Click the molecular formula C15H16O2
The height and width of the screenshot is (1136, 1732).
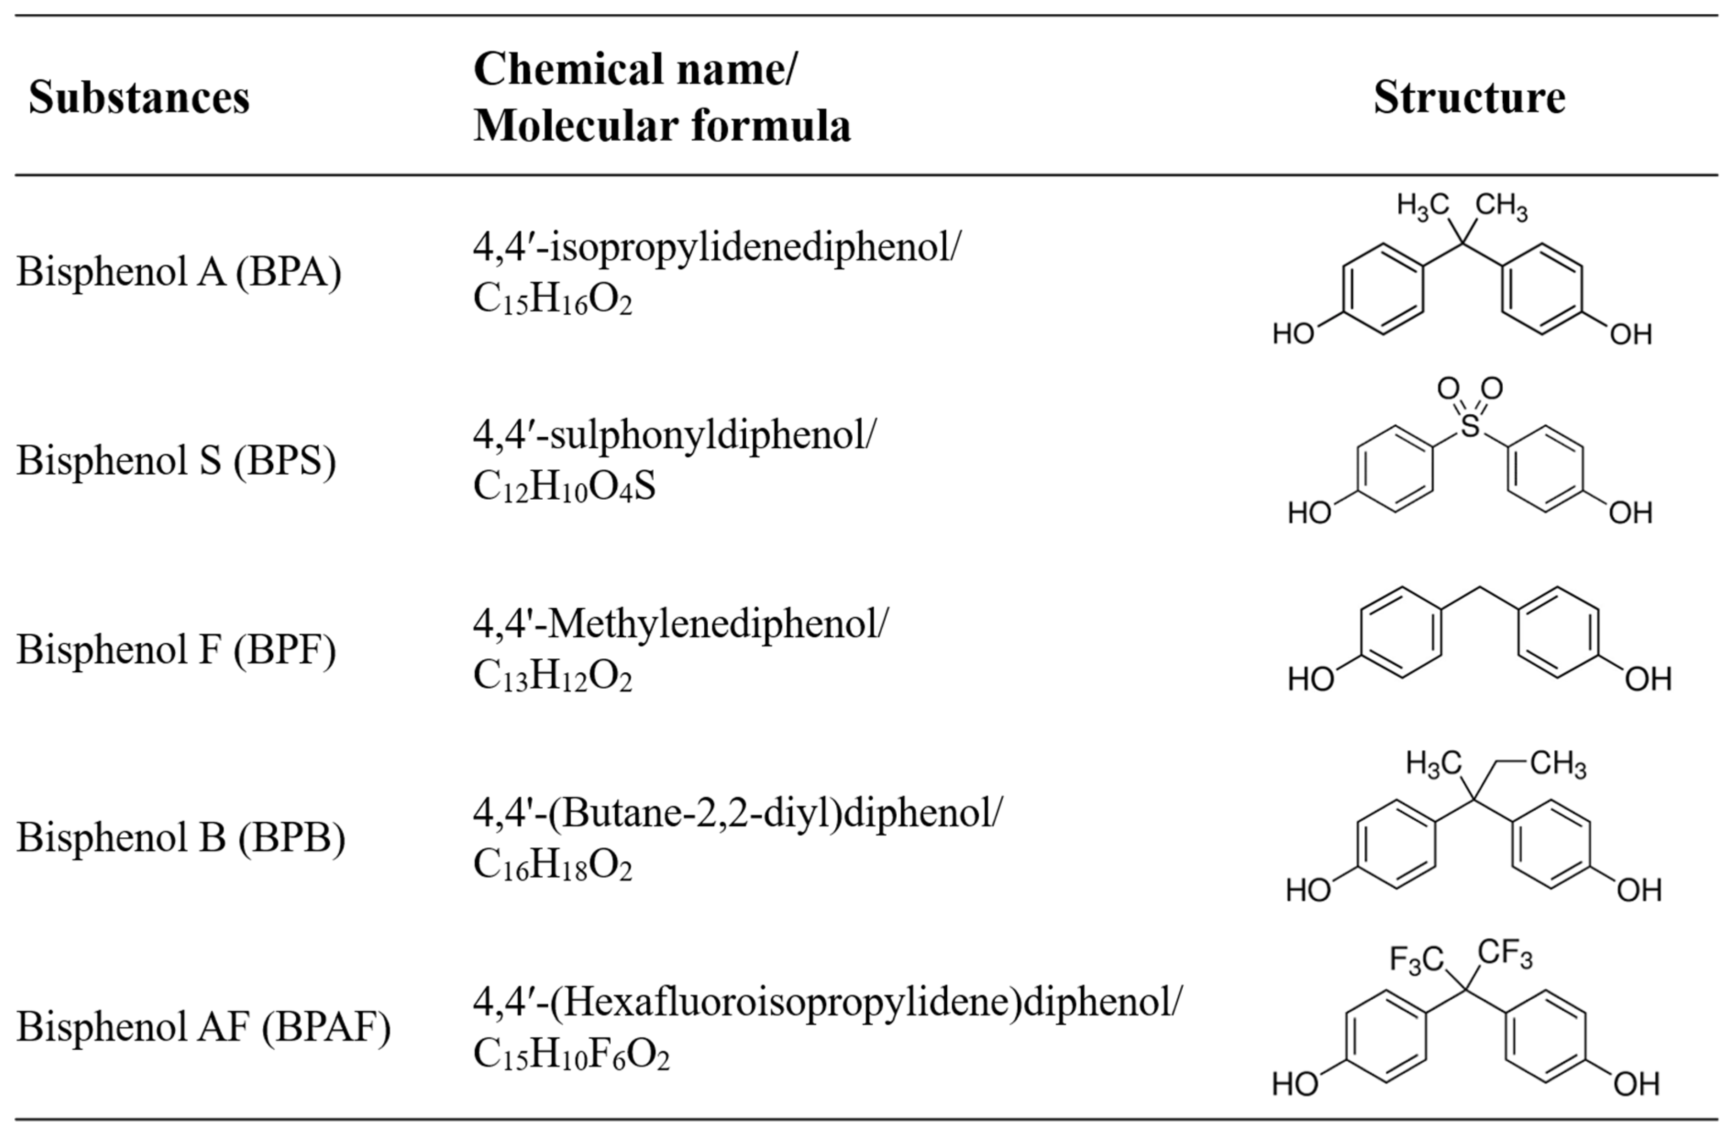(x=552, y=299)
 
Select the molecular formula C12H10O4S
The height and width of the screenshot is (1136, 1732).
(x=564, y=486)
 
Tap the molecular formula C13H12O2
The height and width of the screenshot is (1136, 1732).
(x=552, y=676)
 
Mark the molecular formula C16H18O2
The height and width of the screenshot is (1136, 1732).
(x=552, y=865)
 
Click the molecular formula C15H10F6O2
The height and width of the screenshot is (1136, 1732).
(x=571, y=1054)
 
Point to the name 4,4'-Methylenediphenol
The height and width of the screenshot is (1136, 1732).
(x=680, y=624)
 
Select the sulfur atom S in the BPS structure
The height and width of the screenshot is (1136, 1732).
(x=1470, y=426)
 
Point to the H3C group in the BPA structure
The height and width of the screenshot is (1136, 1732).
(x=1423, y=206)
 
